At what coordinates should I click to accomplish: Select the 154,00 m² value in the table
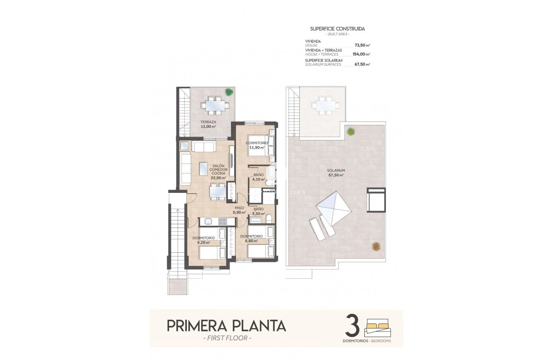(x=362, y=54)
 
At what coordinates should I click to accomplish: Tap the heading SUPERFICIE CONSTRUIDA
(x=337, y=29)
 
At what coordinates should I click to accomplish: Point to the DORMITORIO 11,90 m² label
(x=256, y=145)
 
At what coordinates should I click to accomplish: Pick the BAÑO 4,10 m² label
(x=258, y=177)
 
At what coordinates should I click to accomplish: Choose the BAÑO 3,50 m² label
(x=258, y=211)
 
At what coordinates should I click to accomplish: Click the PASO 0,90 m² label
(x=239, y=210)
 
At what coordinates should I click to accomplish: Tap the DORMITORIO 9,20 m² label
(x=204, y=240)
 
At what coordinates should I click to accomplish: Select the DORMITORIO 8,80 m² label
(x=251, y=238)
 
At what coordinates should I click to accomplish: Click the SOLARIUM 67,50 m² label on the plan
(x=336, y=173)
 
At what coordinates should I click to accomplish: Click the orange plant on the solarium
(x=376, y=246)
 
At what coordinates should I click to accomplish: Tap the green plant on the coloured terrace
(x=229, y=92)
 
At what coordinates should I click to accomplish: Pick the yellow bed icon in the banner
(x=378, y=325)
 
